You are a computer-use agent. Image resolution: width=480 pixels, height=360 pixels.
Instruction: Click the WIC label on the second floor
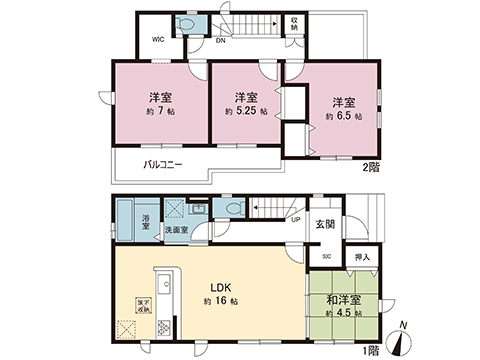coord(158,40)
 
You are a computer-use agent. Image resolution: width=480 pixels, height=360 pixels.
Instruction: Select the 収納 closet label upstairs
coord(295,23)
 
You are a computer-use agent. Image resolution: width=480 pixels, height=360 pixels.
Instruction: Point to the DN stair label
coord(220,41)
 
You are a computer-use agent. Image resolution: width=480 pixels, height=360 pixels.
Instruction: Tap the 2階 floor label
coord(370,167)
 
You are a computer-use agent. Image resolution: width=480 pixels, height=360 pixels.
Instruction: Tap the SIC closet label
coord(327,257)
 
